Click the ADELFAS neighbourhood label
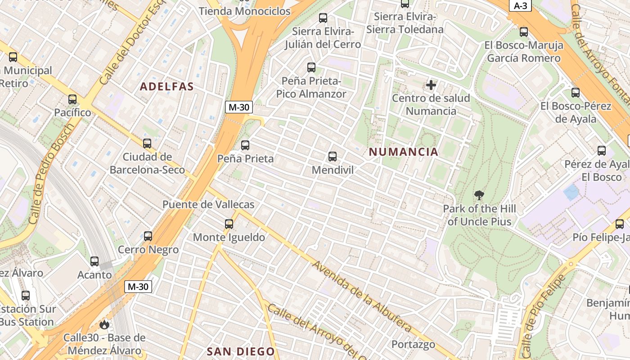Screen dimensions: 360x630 coord(166,86)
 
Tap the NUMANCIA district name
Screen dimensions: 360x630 coord(403,152)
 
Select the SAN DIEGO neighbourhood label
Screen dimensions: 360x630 coord(240,351)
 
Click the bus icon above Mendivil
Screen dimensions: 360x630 coord(333,157)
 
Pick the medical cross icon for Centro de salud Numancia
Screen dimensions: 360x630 coord(431,85)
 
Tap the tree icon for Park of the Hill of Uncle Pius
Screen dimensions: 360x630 coord(479,195)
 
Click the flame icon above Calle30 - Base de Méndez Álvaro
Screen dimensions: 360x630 coord(104,324)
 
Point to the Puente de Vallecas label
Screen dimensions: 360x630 coord(208,204)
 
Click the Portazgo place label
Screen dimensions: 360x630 coord(413,344)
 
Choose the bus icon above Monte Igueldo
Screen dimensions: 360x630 coord(229,224)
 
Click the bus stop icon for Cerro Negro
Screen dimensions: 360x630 coord(148,236)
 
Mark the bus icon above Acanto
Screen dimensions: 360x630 coord(94,261)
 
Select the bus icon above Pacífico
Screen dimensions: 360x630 coord(72,99)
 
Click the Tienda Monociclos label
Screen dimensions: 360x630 coord(244,11)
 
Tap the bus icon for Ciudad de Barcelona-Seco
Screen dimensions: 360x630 coord(147,144)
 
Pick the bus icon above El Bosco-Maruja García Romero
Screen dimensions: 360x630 coord(524,32)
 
